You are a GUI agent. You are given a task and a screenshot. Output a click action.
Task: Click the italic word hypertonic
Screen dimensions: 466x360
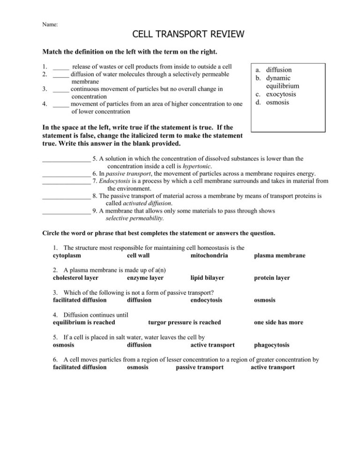click(x=194, y=166)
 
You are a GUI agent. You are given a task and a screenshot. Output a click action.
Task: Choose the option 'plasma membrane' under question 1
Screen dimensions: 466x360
click(x=279, y=256)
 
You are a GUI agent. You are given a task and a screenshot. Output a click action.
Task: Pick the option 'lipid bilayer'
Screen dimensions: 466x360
click(x=207, y=278)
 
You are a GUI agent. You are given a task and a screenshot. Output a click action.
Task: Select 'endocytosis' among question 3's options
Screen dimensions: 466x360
click(x=207, y=300)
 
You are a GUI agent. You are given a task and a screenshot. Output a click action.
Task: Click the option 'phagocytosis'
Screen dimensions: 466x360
click(x=271, y=345)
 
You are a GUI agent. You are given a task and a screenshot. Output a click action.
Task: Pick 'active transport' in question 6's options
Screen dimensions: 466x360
click(x=273, y=368)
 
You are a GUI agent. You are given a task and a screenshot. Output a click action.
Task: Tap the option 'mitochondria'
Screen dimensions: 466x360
click(x=210, y=256)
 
